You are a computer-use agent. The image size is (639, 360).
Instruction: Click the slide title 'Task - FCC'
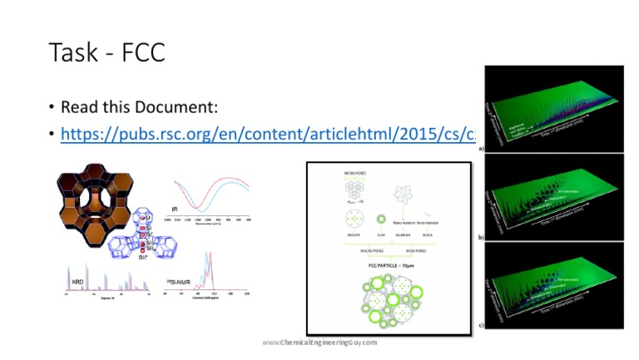[x=106, y=52]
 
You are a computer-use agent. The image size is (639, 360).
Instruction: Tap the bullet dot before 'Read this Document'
[x=52, y=109]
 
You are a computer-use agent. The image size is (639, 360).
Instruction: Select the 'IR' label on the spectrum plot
[x=175, y=209]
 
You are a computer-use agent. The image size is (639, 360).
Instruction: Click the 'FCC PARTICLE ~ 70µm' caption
[x=389, y=266]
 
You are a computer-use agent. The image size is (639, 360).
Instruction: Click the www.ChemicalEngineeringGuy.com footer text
[x=319, y=342]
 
